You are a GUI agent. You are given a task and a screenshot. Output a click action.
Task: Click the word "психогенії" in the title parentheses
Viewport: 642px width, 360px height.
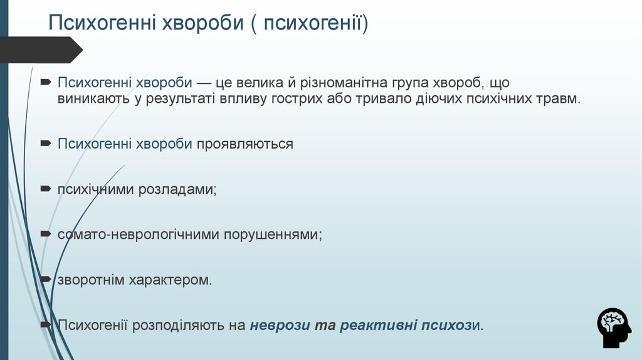(x=313, y=24)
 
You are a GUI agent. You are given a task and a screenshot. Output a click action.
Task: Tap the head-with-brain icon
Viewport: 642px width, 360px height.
(x=614, y=328)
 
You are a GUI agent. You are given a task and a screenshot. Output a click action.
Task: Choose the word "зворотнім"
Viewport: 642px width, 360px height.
(x=92, y=280)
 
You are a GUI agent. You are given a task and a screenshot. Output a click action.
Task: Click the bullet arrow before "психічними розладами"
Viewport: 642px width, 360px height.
(x=46, y=188)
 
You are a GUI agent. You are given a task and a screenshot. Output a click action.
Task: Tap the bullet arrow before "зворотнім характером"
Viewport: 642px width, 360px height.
(x=46, y=279)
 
